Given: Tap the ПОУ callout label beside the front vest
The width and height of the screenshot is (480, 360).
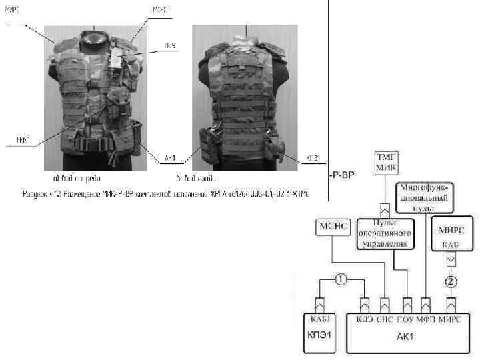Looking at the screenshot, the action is point(170,46).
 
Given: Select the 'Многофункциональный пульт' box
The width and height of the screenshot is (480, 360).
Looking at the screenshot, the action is point(425,197).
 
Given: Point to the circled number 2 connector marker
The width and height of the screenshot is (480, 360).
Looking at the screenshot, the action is point(451,280).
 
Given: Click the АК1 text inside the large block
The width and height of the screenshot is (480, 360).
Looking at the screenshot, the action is point(407,335).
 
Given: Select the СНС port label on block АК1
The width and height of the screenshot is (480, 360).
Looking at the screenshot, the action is point(385,319).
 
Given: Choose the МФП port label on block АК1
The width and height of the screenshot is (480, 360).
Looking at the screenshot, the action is point(426,319).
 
